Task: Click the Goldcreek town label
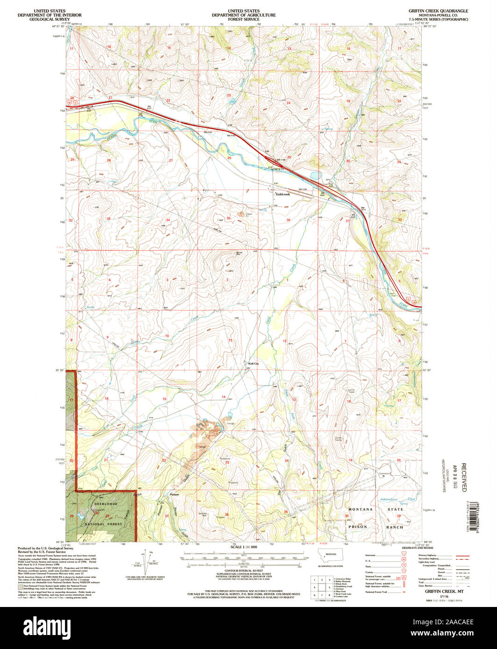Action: click(283, 194)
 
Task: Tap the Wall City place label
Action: click(253, 364)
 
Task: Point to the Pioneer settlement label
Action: click(175, 494)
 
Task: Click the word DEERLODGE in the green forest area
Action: click(106, 504)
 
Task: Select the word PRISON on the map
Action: click(358, 526)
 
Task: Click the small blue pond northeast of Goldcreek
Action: click(313, 176)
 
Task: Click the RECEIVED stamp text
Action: click(463, 477)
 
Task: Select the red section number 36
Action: click(288, 220)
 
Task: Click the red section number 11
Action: click(230, 341)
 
